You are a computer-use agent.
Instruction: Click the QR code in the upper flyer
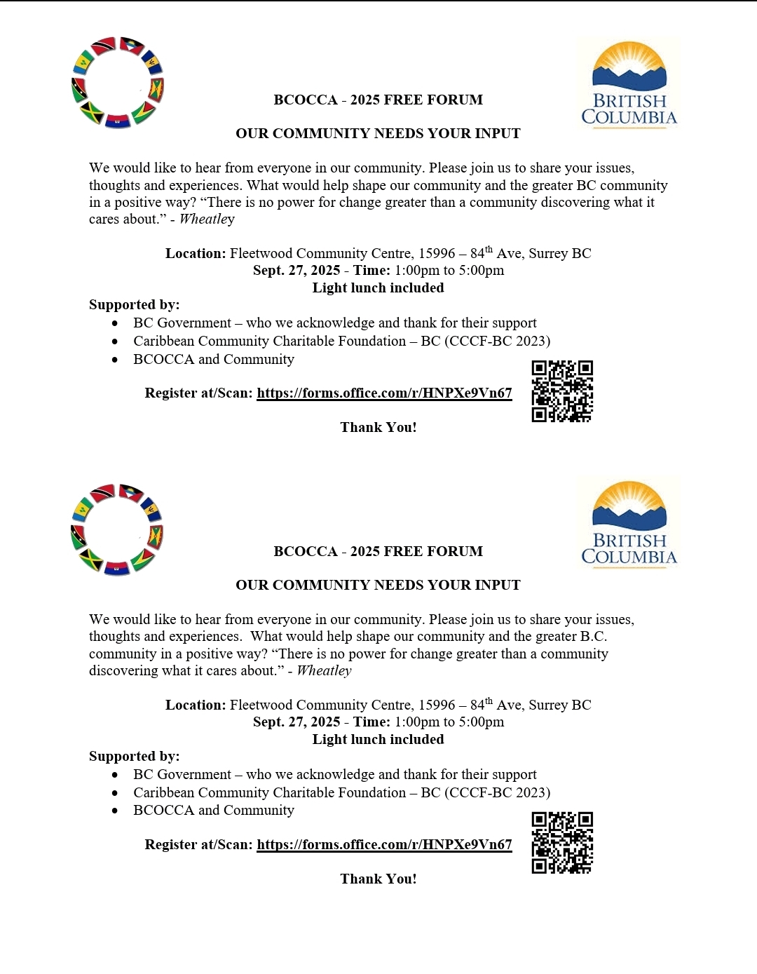tap(562, 391)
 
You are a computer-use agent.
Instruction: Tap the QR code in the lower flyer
tap(562, 843)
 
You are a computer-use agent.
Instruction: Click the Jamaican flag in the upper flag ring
tap(92, 112)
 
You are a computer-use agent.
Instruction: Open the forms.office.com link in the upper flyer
tap(384, 393)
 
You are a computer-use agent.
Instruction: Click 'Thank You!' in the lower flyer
tap(378, 879)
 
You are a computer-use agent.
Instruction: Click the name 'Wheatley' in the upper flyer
tap(207, 219)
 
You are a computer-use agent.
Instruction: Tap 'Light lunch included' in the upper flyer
tap(378, 288)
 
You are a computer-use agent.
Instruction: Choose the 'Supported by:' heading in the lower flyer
tap(135, 757)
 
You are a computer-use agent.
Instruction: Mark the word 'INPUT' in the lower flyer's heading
tap(498, 586)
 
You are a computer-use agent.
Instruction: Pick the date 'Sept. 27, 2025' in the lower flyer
tap(296, 722)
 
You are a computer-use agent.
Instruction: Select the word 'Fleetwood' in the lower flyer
tap(259, 705)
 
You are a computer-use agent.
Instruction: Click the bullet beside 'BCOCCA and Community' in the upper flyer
tap(115, 360)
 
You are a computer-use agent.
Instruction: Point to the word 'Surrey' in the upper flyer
tap(550, 254)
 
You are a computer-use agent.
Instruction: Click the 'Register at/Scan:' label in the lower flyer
tap(198, 845)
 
